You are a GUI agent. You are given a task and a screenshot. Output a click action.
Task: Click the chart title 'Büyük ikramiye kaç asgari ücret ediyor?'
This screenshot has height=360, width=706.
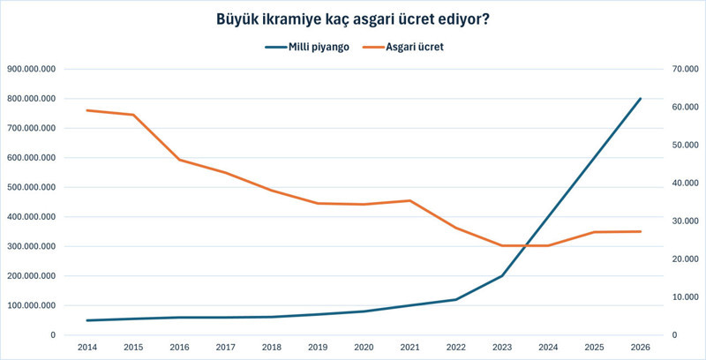click(x=353, y=19)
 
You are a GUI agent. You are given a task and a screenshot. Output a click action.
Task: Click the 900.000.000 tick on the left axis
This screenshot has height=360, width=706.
click(x=31, y=69)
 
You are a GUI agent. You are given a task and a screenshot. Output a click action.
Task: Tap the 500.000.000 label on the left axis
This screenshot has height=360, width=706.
click(x=31, y=187)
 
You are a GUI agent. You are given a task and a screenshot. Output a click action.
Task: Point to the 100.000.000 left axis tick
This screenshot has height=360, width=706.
click(x=31, y=305)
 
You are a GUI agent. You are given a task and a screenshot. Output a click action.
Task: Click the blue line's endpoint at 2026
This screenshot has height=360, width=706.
click(x=640, y=99)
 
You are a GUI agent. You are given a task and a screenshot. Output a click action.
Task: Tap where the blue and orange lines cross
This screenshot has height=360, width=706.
click(x=526, y=245)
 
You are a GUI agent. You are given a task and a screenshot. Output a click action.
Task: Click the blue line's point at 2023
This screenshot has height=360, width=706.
click(x=503, y=276)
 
